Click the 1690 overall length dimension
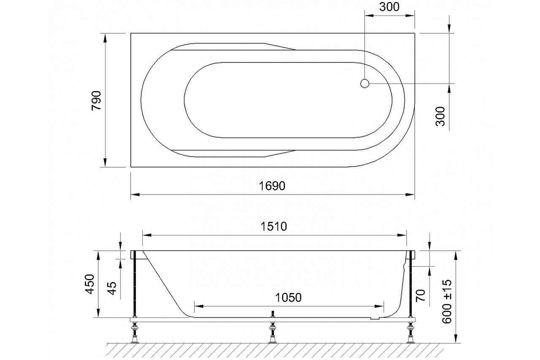pyautogui.click(x=272, y=186)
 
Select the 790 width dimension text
pyautogui.click(x=97, y=101)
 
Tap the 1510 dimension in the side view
pyautogui.click(x=274, y=226)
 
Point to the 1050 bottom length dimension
pyautogui.click(x=288, y=298)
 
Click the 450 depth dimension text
pyautogui.click(x=90, y=284)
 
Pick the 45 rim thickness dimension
pyautogui.click(x=112, y=288)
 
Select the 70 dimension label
pyautogui.click(x=420, y=295)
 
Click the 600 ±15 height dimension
pyautogui.click(x=447, y=302)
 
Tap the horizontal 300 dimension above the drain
pyautogui.click(x=389, y=7)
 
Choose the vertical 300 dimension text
pyautogui.click(x=440, y=116)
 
